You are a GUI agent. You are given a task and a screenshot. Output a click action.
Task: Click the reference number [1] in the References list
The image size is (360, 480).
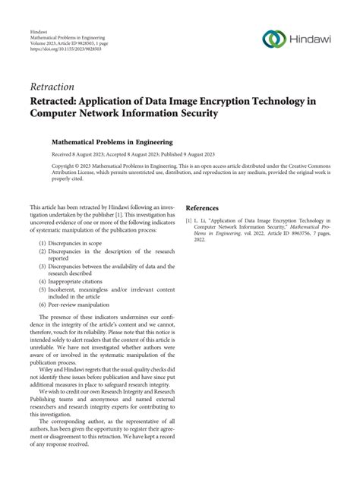point(190,219)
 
